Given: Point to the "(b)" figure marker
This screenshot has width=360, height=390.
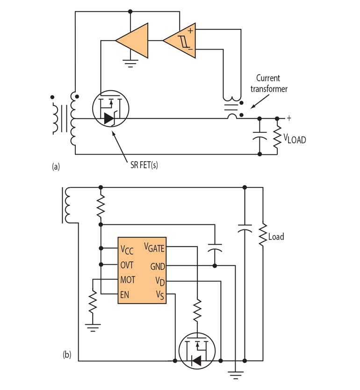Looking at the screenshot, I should pos(67,355).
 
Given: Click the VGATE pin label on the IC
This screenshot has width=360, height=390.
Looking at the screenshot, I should pos(154,247).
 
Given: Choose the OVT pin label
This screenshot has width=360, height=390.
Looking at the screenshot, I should pos(127,265).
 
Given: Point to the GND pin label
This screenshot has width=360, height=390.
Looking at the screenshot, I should pos(157,266).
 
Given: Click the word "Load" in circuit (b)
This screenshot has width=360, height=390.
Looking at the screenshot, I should pos(276,237).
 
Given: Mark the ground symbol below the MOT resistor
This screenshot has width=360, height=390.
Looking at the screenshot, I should pos(93,327).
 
